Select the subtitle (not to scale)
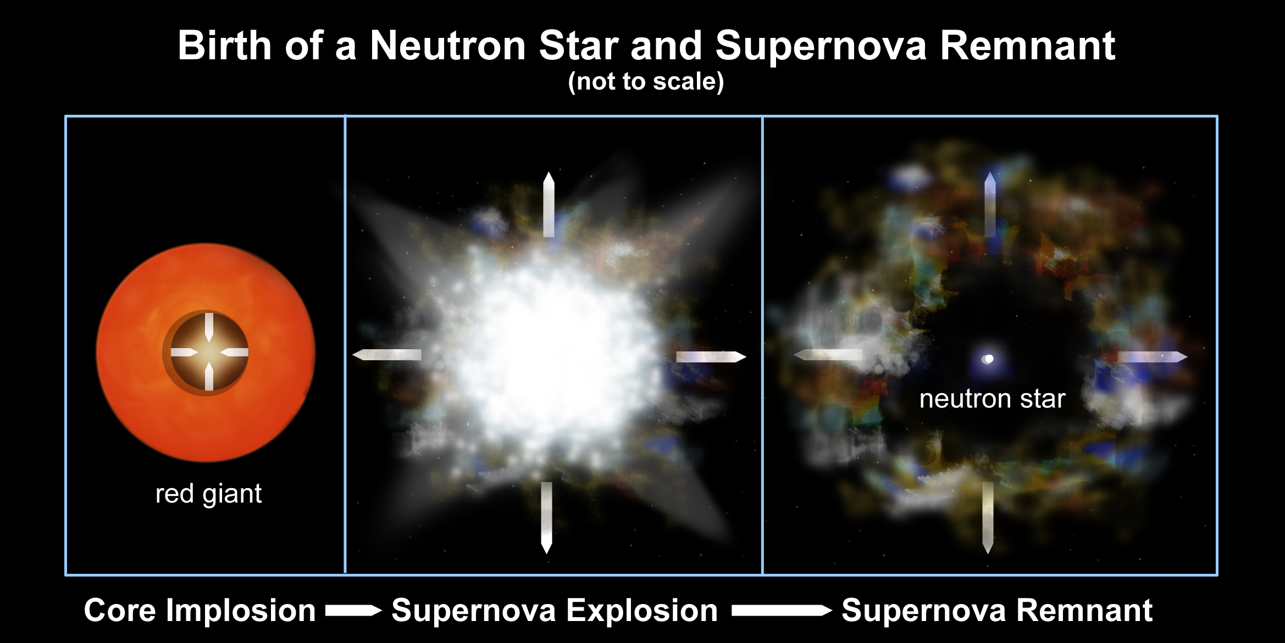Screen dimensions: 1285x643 point(646,82)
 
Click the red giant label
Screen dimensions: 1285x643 point(209,494)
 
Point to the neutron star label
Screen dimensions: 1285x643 point(993,399)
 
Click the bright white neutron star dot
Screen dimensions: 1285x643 point(989,359)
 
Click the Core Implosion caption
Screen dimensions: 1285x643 point(200,610)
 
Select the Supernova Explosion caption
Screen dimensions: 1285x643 point(555,610)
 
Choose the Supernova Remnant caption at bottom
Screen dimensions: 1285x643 point(997,610)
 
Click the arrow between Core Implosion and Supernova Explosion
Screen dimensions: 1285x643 point(353,611)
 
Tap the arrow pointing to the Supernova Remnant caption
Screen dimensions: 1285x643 point(782,611)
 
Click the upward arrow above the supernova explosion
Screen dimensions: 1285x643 point(549,204)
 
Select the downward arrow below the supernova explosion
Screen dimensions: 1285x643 point(546,518)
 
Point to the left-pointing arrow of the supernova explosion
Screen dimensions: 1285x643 point(387,355)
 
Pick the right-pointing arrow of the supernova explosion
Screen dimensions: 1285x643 point(711,357)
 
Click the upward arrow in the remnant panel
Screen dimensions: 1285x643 point(990,204)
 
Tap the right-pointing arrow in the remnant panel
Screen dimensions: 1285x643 point(1153,357)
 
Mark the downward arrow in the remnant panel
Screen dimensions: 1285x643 point(988,518)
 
